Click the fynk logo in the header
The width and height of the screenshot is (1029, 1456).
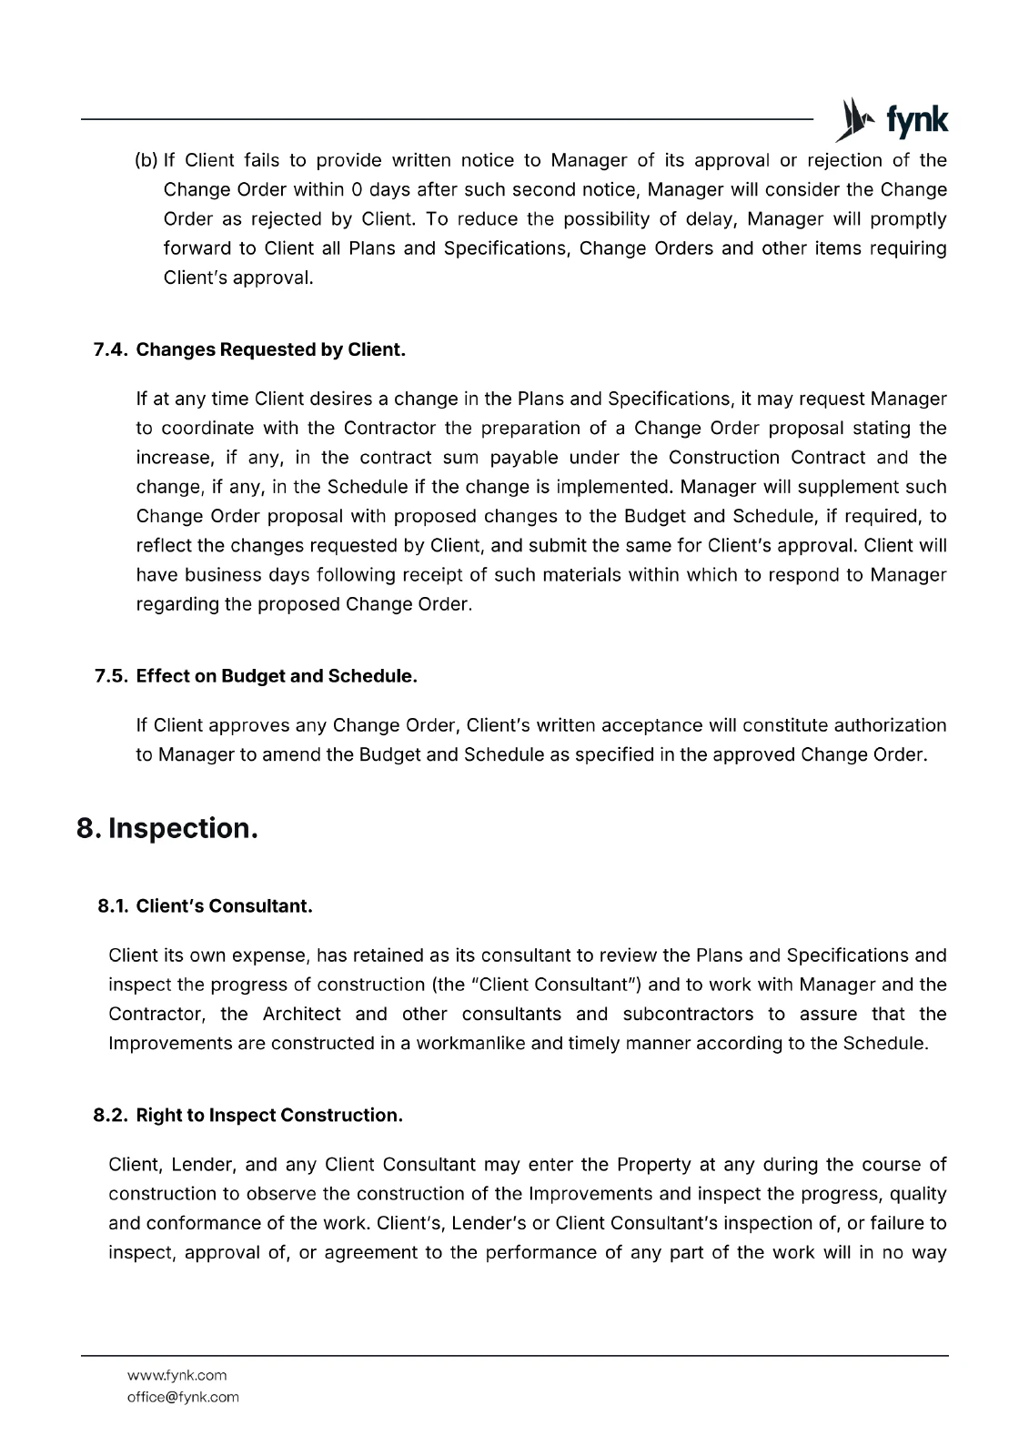point(892,120)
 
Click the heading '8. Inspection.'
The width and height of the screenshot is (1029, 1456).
point(167,828)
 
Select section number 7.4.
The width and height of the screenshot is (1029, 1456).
point(111,350)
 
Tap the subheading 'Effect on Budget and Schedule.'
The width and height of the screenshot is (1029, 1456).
point(277,676)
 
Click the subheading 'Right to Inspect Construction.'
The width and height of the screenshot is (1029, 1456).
point(269,1116)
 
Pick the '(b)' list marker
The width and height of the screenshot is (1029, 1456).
point(146,161)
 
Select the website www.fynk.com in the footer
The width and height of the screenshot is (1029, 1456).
point(177,1375)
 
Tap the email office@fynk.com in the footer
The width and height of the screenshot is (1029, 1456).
point(183,1397)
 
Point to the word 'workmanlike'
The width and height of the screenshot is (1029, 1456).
point(470,1043)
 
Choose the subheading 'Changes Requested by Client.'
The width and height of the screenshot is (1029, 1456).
point(271,350)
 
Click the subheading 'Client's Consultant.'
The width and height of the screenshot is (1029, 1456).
point(224,906)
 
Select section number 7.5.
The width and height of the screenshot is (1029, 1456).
point(111,676)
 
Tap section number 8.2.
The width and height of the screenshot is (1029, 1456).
point(111,1116)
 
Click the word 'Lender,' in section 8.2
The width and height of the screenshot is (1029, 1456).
point(202,1165)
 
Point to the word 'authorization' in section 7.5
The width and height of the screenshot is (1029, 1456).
point(890,725)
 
